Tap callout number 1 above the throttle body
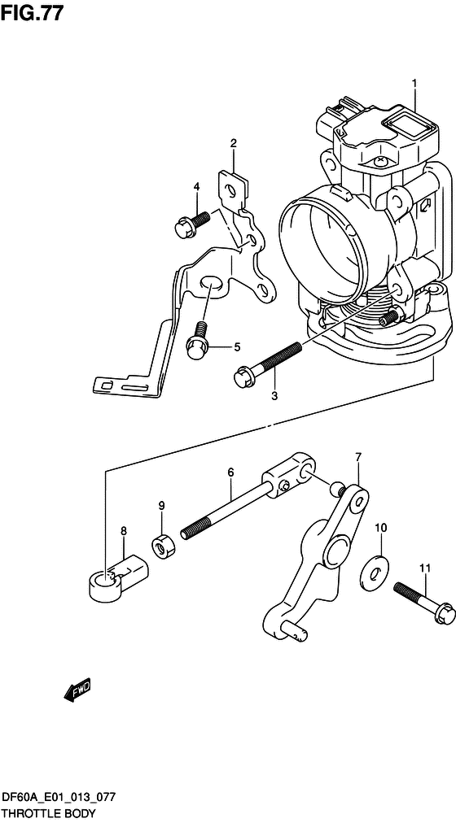(x=414, y=84)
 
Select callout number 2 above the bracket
(x=233, y=143)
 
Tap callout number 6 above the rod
(x=230, y=472)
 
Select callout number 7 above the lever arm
(x=357, y=458)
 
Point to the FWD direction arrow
(x=77, y=689)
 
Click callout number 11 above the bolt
(x=425, y=568)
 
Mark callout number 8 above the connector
(x=124, y=531)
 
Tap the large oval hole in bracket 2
(x=210, y=282)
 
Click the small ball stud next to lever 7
(x=337, y=488)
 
